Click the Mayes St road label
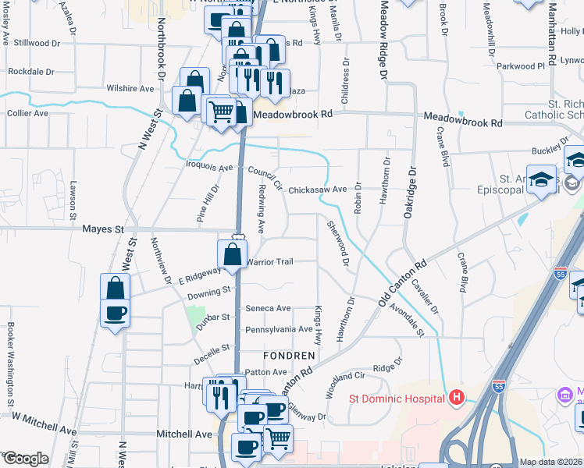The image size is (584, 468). pyautogui.click(x=103, y=229)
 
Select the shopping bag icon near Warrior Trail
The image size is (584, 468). pyautogui.click(x=232, y=253)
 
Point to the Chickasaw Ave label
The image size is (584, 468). pyautogui.click(x=317, y=190)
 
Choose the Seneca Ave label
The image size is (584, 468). pyautogui.click(x=268, y=309)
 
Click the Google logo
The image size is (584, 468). pyautogui.click(x=26, y=459)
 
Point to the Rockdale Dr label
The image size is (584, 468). pyautogui.click(x=30, y=71)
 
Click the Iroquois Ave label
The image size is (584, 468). pyautogui.click(x=210, y=168)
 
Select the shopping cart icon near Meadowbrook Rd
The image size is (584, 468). pyautogui.click(x=222, y=112)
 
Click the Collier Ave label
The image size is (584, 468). pyautogui.click(x=27, y=113)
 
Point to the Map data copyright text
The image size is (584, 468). pyautogui.click(x=550, y=461)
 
